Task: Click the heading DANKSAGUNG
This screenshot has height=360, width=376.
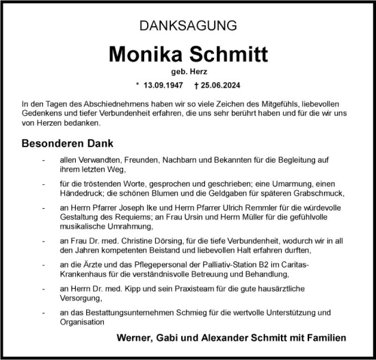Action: (188, 27)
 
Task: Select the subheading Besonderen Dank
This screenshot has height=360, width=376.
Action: (67, 144)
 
